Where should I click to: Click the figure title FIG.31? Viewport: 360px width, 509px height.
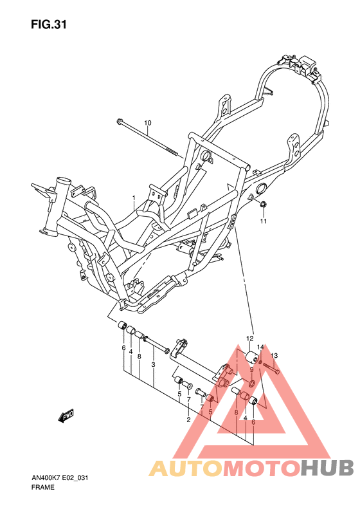[x=48, y=25]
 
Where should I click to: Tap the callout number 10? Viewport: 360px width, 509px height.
[x=147, y=123]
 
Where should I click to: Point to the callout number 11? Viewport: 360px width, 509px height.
[x=263, y=222]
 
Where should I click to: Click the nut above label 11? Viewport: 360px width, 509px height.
[x=263, y=205]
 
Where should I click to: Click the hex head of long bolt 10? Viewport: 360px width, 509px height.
[x=120, y=122]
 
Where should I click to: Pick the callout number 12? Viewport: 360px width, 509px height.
[x=250, y=338]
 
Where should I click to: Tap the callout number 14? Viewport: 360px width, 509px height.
[x=260, y=347]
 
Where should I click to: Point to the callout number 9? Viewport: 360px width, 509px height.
[x=252, y=369]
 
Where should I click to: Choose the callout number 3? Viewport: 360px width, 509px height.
[x=154, y=365]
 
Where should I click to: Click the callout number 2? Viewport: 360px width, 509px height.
[x=188, y=420]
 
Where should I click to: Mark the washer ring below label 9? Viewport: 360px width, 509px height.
[x=251, y=384]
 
